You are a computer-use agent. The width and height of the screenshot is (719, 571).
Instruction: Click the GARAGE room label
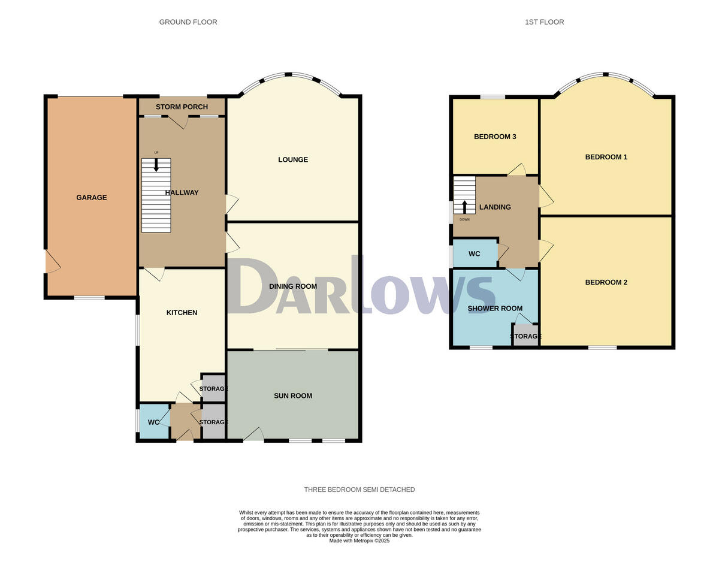(x=91, y=197)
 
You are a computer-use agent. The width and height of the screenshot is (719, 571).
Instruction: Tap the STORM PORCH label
(x=182, y=107)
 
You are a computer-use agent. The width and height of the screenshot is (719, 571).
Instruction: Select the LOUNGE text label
(x=293, y=159)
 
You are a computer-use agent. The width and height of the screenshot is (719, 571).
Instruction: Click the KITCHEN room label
(x=182, y=312)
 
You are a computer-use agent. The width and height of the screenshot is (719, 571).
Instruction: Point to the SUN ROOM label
(x=293, y=395)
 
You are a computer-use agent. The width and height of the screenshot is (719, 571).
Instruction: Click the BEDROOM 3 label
(x=495, y=137)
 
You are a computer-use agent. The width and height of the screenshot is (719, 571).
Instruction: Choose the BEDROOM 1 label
(x=606, y=157)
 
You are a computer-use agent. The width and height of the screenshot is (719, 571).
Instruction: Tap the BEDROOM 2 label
(x=606, y=282)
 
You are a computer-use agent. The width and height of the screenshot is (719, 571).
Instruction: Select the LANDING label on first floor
(x=495, y=207)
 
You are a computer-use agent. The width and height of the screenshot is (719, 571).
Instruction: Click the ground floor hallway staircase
(x=156, y=195)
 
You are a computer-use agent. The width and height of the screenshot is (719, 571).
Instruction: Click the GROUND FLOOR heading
(x=188, y=22)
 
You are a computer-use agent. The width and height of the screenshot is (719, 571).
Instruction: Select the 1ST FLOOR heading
(x=544, y=22)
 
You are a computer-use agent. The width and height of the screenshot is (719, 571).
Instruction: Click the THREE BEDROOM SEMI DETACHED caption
(x=359, y=490)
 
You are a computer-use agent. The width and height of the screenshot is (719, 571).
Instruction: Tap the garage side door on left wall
(x=51, y=262)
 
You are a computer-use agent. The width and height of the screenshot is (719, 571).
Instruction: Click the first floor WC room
(x=475, y=253)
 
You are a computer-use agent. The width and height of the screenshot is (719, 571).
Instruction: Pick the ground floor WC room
(x=153, y=422)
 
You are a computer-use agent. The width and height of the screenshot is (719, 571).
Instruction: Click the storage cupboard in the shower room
(x=526, y=336)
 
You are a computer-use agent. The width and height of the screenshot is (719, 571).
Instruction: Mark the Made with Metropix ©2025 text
(x=359, y=540)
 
